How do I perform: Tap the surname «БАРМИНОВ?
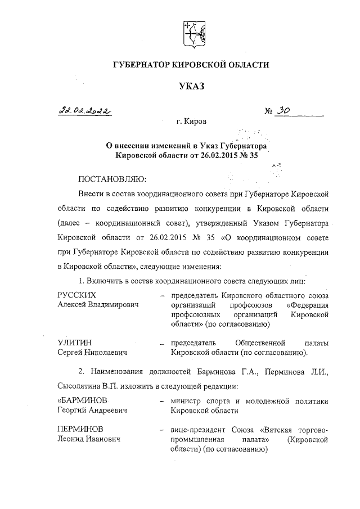[x=82, y=400]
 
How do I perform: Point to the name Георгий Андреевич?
[x=92, y=410]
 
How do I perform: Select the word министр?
[x=187, y=400]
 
